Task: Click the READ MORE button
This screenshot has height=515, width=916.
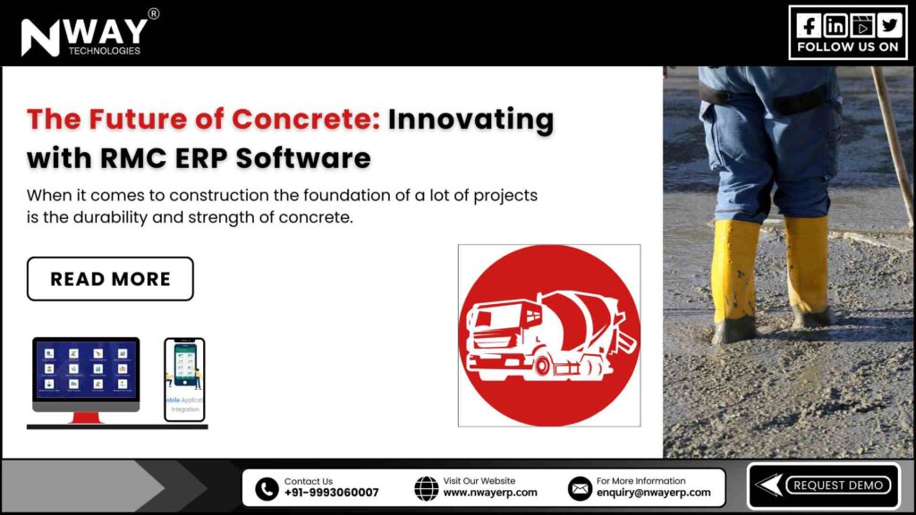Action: (110, 279)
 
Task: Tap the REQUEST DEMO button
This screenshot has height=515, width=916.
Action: (838, 485)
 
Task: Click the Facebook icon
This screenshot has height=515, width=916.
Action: (809, 25)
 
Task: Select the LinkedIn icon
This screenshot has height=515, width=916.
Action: (835, 25)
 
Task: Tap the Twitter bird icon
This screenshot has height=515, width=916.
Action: (889, 25)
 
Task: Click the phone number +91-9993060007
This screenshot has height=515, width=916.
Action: (331, 493)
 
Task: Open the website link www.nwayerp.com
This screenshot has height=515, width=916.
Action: (490, 493)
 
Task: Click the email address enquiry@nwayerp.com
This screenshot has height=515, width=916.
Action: (653, 493)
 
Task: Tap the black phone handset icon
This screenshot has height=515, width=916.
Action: (267, 488)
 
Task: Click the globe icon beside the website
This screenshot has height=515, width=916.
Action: (427, 488)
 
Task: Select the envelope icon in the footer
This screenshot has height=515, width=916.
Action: (580, 488)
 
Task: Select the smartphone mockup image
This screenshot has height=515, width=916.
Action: (184, 378)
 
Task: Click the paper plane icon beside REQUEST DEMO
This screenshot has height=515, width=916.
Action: (768, 485)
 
